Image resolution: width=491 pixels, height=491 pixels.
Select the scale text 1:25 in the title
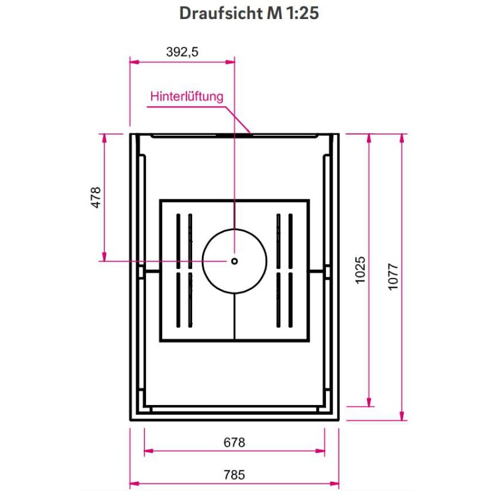pyautogui.click(x=301, y=14)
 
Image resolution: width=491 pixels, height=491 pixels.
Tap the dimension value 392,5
pyautogui.click(x=182, y=52)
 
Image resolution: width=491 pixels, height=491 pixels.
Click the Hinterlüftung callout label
pyautogui.click(x=187, y=96)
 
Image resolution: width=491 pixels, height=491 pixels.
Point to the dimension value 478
pyautogui.click(x=95, y=198)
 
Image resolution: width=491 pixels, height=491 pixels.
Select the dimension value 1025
pyautogui.click(x=361, y=269)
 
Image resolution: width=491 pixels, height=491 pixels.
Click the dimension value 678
pyautogui.click(x=234, y=442)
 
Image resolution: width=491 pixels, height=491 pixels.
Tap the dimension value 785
pyautogui.click(x=234, y=474)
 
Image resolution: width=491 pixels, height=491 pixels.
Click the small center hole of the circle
pyautogui.click(x=234, y=260)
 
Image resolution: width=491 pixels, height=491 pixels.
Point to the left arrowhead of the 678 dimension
pyautogui.click(x=147, y=451)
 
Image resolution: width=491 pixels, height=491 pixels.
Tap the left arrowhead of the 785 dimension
pyautogui.click(x=134, y=483)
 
